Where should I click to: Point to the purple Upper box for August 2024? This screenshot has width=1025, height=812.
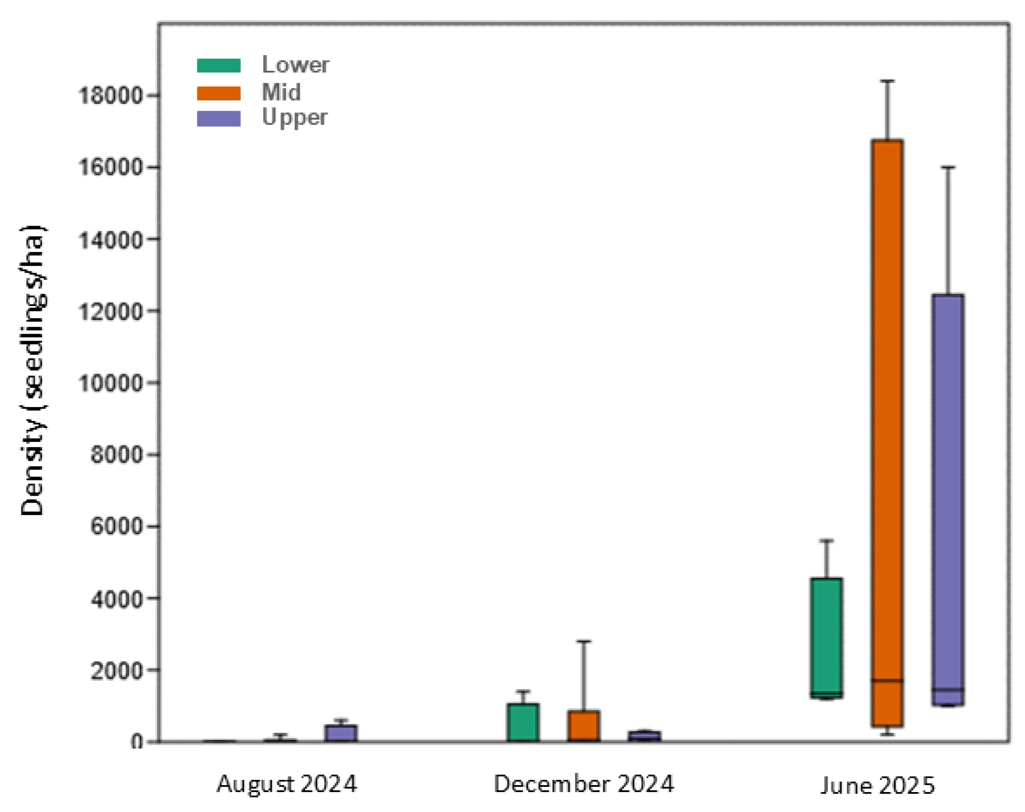click(x=342, y=733)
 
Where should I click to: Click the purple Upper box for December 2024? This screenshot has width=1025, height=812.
click(x=644, y=736)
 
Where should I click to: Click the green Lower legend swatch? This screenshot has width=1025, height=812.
click(x=219, y=65)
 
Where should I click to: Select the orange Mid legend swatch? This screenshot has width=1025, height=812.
click(x=219, y=93)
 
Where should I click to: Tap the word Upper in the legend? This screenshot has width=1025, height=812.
click(x=295, y=118)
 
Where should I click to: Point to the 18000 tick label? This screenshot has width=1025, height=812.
click(x=110, y=95)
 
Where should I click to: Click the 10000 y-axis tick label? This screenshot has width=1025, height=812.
click(x=110, y=383)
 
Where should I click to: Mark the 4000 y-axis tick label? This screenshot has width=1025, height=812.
click(x=116, y=598)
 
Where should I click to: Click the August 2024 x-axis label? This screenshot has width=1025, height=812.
click(x=287, y=784)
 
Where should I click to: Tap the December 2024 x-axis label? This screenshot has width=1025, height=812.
click(x=584, y=784)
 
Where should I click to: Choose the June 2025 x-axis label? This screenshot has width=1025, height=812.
click(x=877, y=786)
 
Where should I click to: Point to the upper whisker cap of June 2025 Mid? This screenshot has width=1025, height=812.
click(x=887, y=81)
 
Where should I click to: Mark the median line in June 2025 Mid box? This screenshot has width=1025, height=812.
click(x=887, y=681)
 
